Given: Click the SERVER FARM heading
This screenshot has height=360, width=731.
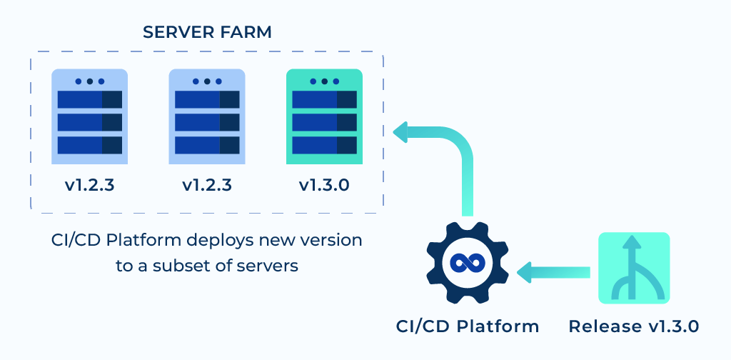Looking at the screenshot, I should pyautogui.click(x=207, y=32).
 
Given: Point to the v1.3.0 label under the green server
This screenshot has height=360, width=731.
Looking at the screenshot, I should pyautogui.click(x=324, y=186).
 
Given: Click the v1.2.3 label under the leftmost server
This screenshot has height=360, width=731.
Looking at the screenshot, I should pyautogui.click(x=89, y=186).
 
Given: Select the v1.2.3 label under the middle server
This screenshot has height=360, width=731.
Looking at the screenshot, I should pyautogui.click(x=206, y=186).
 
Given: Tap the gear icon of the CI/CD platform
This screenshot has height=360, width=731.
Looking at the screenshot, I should pyautogui.click(x=468, y=263).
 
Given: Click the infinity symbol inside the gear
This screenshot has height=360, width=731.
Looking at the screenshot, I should pyautogui.click(x=468, y=263).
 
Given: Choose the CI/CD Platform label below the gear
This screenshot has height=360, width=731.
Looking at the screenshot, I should pyautogui.click(x=468, y=326).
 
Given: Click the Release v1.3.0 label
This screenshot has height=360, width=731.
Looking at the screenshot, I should pyautogui.click(x=633, y=326).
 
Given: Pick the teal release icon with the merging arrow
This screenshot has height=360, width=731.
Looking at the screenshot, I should pyautogui.click(x=633, y=268).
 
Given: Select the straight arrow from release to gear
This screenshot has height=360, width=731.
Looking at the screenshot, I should pyautogui.click(x=554, y=272).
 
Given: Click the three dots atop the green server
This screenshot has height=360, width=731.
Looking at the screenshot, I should pyautogui.click(x=324, y=81).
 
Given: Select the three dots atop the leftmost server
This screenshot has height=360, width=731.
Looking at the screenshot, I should pyautogui.click(x=89, y=81).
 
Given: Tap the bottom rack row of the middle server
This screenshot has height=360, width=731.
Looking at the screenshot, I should pyautogui.click(x=206, y=145).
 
